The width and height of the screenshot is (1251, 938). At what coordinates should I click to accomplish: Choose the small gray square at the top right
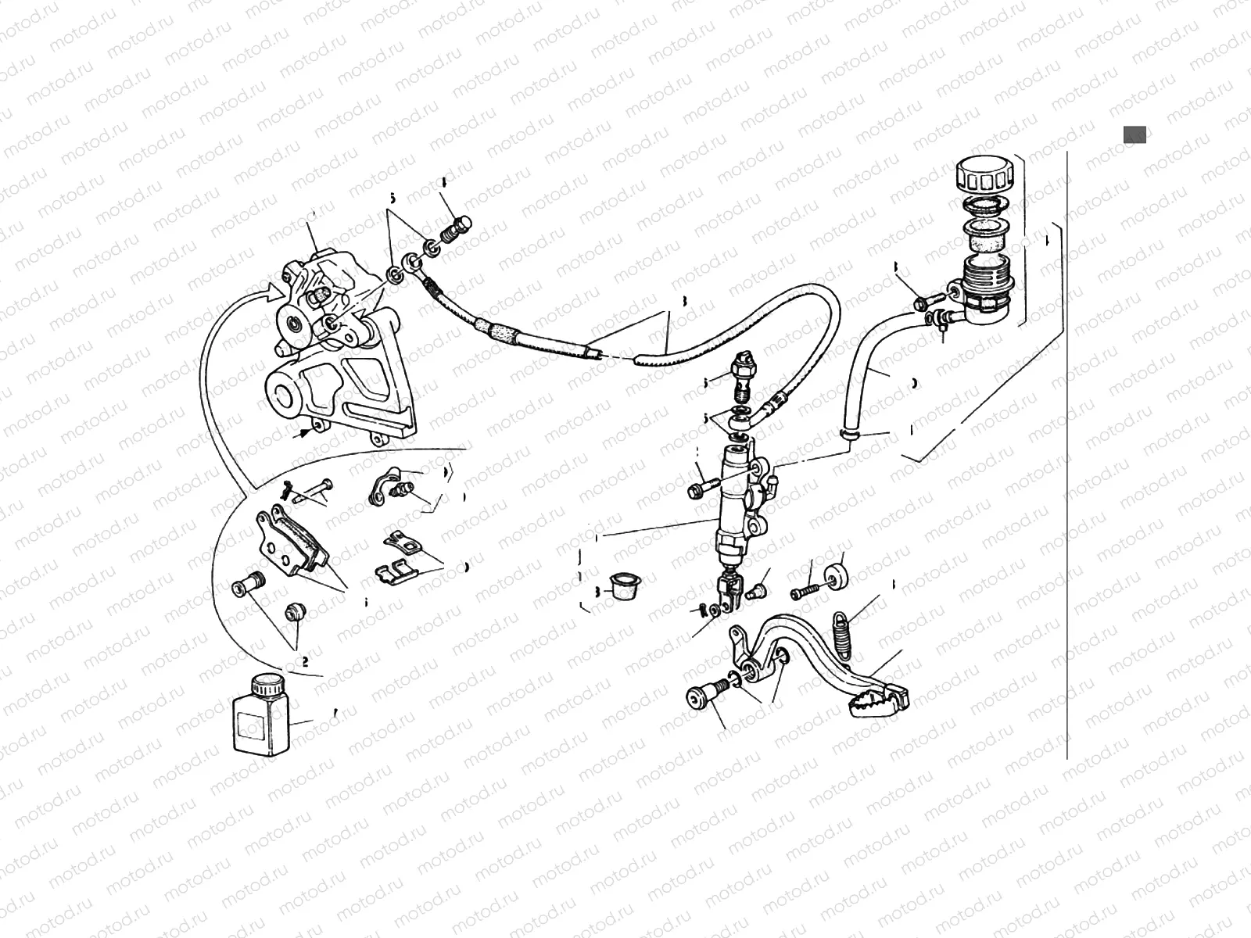[1135, 134]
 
